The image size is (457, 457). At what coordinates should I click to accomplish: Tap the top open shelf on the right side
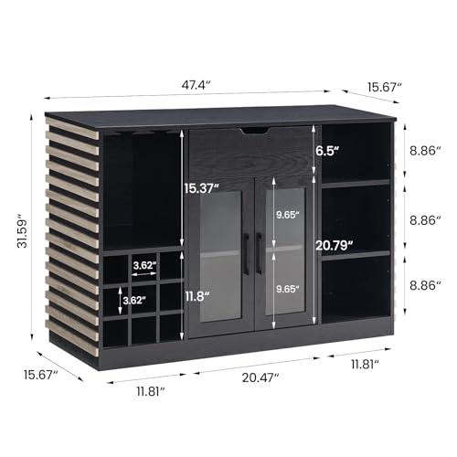tap(356, 151)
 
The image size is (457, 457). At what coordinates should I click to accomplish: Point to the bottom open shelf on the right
tap(356, 288)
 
